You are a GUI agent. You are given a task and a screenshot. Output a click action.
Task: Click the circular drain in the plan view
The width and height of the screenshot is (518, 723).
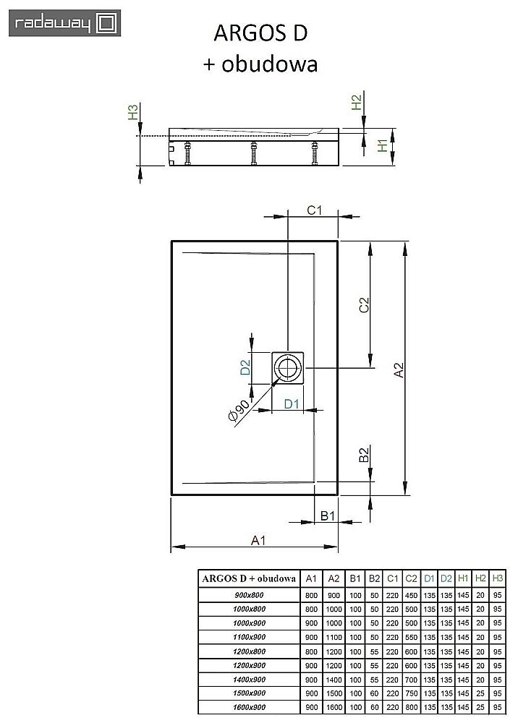pyautogui.click(x=289, y=368)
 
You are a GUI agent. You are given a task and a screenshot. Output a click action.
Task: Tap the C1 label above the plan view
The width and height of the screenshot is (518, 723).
pyautogui.click(x=314, y=210)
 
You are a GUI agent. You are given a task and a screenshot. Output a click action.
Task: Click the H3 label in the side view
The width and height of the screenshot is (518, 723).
pyautogui.click(x=132, y=113)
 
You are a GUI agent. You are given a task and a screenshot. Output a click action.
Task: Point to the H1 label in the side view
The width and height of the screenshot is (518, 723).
pyautogui.click(x=382, y=147)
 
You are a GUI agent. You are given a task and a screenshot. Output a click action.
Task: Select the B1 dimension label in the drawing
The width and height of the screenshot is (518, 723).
pyautogui.click(x=327, y=515)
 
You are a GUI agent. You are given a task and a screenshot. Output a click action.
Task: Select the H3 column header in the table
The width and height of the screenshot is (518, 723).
pyautogui.click(x=497, y=578)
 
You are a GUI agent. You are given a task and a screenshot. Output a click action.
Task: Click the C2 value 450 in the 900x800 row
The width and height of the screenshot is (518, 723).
pyautogui.click(x=409, y=594)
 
